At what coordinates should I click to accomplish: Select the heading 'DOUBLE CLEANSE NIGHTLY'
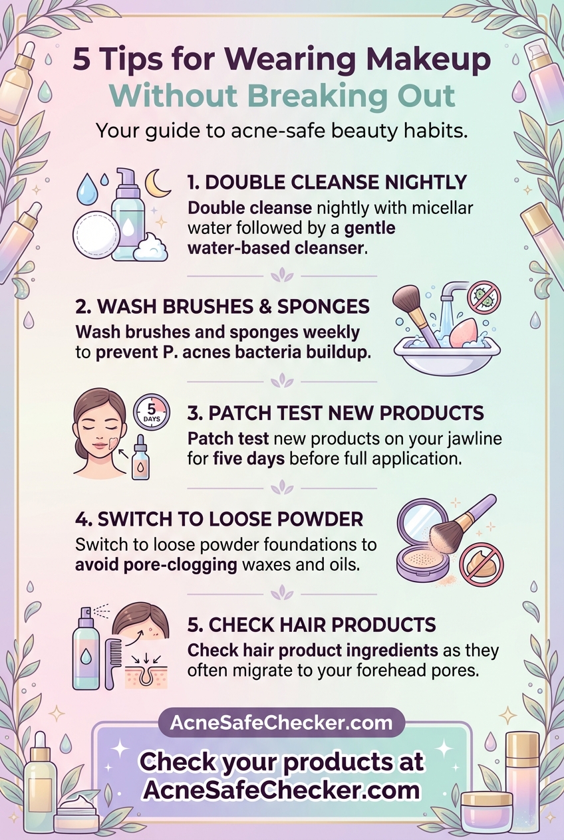[327, 183]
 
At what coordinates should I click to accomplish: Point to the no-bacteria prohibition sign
[484, 296]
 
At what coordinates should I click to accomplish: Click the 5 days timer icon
[152, 412]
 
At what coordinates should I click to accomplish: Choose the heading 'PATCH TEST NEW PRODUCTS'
[335, 413]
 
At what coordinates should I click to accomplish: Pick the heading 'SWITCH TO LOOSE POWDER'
[219, 520]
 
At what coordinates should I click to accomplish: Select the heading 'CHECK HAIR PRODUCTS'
[311, 625]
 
